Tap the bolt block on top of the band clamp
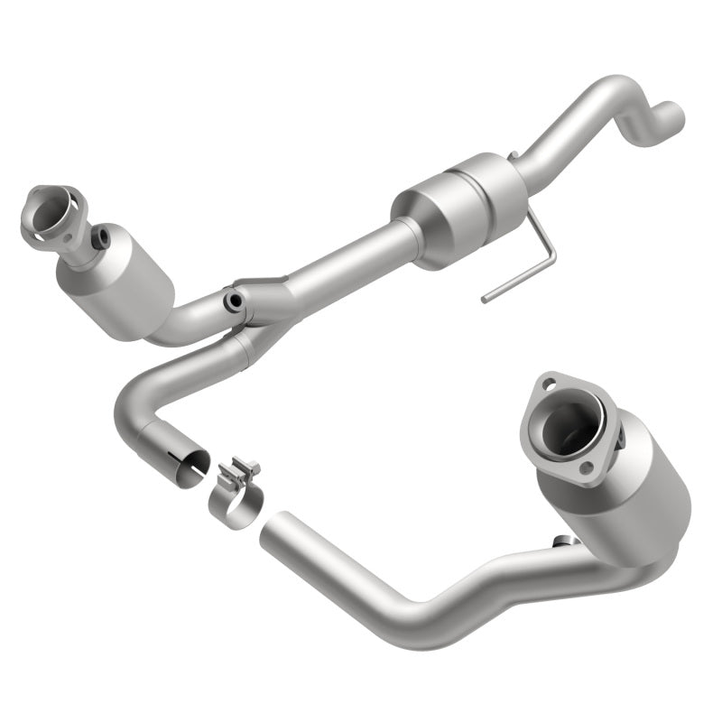[242, 471]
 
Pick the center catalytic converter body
[460, 209]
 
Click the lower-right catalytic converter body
[623, 496]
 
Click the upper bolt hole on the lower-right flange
[548, 385]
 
